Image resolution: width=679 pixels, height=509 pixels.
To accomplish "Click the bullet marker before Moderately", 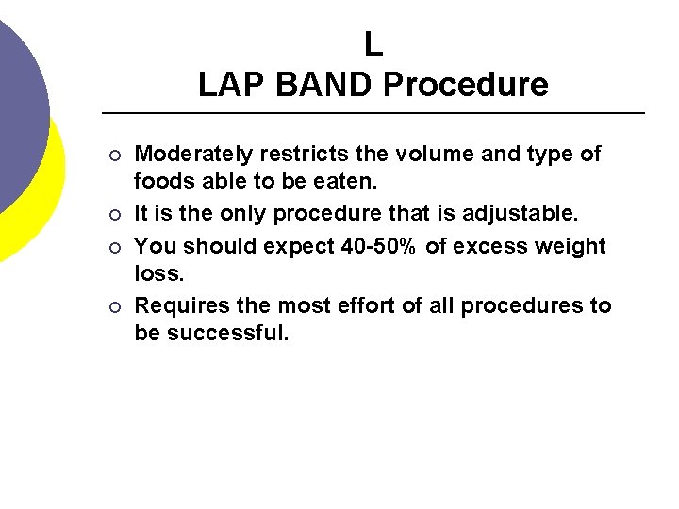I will click(x=114, y=155).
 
